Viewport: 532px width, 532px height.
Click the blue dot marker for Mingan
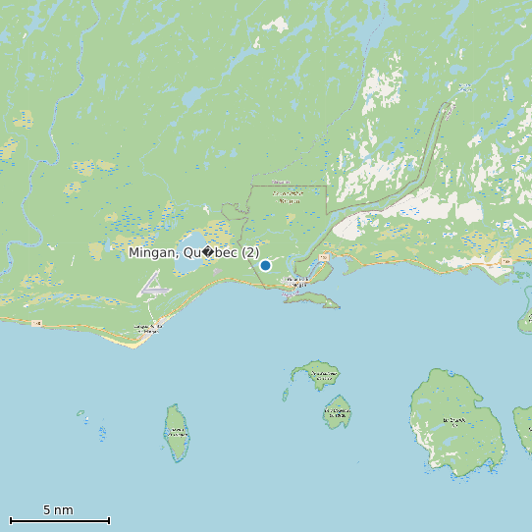(265, 265)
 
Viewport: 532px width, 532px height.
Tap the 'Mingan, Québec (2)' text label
(194, 253)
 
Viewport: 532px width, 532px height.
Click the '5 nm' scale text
(58, 510)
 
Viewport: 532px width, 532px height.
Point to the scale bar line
(59, 520)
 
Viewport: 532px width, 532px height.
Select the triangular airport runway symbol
(154, 286)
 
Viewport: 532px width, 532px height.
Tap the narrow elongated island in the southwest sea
(177, 432)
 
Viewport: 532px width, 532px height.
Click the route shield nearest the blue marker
(322, 256)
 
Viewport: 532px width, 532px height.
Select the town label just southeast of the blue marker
(295, 283)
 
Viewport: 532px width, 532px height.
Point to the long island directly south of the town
(312, 298)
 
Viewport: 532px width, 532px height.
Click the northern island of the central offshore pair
(318, 375)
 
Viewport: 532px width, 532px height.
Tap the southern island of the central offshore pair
(338, 412)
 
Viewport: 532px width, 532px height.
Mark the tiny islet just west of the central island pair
(286, 395)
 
